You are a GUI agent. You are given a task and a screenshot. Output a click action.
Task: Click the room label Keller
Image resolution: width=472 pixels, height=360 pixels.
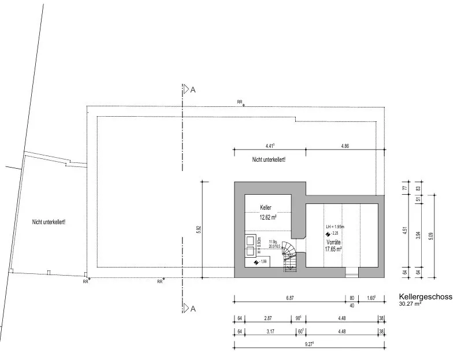[266, 207]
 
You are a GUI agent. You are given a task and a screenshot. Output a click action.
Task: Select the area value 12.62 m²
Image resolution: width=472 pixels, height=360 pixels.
[267, 218]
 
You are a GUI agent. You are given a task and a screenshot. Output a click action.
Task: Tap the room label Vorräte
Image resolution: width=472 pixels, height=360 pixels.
[333, 242]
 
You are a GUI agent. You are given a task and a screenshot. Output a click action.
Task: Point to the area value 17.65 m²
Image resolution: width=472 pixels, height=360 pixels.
[333, 250]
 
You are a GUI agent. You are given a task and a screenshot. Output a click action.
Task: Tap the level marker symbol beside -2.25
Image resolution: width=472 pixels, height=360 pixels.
[328, 234]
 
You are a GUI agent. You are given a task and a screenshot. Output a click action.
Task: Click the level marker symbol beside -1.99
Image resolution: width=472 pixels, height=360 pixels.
[257, 262]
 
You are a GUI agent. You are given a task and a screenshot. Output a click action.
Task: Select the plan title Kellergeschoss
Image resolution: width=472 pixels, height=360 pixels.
[425, 296]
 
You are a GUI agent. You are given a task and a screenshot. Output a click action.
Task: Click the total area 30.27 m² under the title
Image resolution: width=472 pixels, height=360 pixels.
[410, 303]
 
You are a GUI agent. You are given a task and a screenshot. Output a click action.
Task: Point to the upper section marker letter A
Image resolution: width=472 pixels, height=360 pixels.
[193, 90]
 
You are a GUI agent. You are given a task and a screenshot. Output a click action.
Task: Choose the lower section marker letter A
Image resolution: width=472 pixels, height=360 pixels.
[193, 309]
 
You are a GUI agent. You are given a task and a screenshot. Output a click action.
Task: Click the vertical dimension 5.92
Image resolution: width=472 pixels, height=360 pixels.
[199, 229]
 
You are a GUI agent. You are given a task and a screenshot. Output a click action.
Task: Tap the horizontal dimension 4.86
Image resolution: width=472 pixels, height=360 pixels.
[345, 146]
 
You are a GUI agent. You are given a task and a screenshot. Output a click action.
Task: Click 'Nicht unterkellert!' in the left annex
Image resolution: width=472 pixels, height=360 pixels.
[49, 222]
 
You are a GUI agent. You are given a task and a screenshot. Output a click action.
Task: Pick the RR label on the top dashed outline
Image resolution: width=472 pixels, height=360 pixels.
[240, 102]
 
